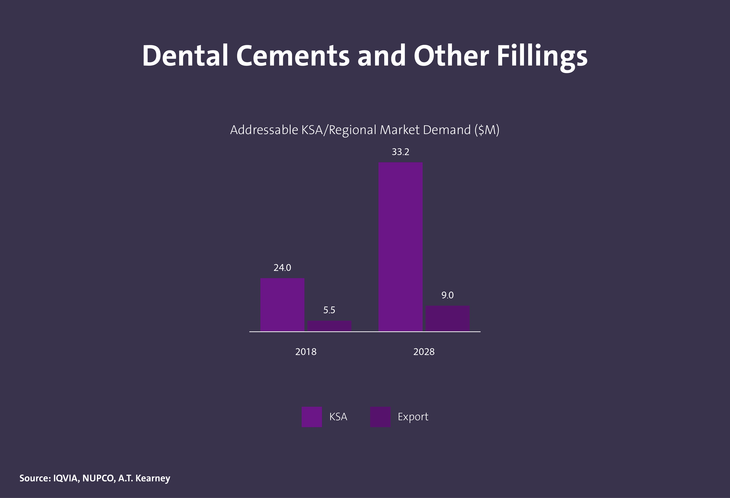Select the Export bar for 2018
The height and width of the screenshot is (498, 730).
[x=329, y=326]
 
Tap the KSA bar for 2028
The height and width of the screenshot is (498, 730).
[x=401, y=247]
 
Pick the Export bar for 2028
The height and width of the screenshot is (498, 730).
[x=447, y=318]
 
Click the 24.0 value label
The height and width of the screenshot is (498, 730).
[x=282, y=268]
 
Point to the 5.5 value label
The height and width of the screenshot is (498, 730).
[x=329, y=310]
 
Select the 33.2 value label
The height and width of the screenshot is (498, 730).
[x=401, y=152]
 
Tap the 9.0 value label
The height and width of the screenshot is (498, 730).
[x=447, y=295]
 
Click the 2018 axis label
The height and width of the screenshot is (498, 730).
[x=306, y=352]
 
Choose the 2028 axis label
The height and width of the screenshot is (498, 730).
[x=424, y=352]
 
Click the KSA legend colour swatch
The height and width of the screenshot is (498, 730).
[x=312, y=417]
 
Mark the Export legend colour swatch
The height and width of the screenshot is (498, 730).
[x=380, y=417]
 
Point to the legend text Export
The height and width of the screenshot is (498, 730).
[x=413, y=417]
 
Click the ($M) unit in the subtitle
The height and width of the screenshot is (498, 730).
[x=487, y=130]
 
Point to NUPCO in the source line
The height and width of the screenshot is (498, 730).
[x=98, y=478]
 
